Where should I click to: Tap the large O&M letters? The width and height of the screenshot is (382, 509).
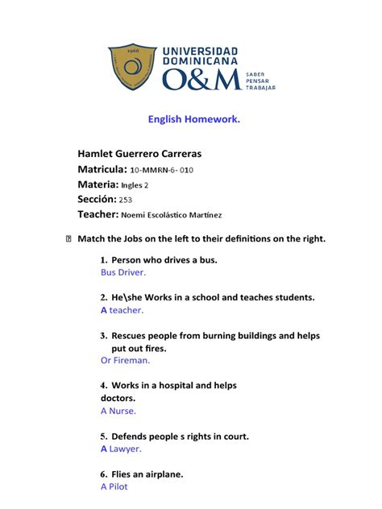[201, 80]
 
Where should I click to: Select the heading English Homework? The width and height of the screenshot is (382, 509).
[193, 120]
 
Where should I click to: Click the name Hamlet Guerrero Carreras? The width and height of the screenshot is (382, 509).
[151, 153]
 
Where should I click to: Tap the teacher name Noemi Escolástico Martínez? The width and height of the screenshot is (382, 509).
[172, 215]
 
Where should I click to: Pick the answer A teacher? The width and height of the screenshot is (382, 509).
[122, 310]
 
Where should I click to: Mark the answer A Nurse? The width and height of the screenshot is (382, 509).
[118, 411]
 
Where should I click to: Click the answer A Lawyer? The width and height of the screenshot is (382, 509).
[121, 449]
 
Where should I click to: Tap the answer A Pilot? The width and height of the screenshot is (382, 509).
[114, 486]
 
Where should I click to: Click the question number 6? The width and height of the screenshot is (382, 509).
[104, 474]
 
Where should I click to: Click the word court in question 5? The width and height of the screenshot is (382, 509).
[232, 437]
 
